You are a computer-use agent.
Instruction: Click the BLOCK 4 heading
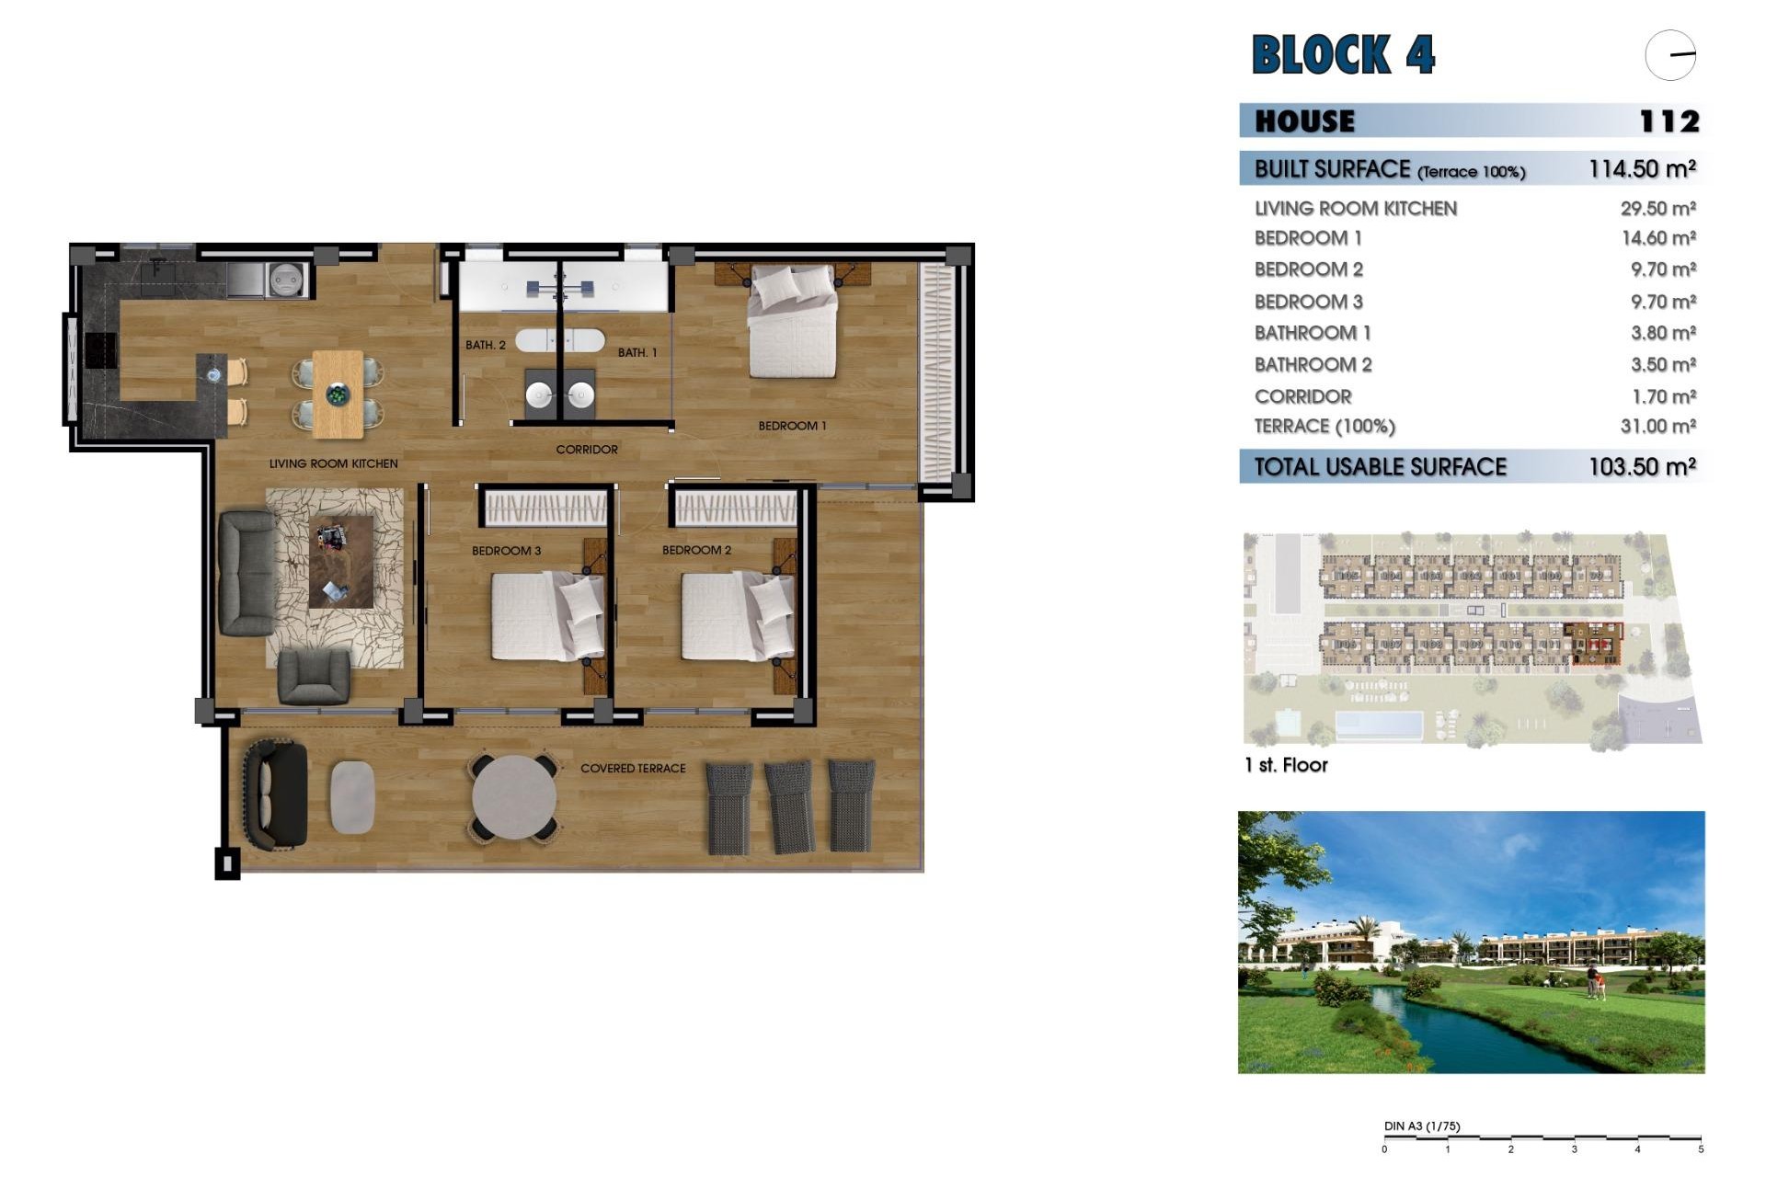coord(1342,54)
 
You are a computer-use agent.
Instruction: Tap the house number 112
coord(1669,121)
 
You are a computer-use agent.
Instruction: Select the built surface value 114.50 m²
coord(1642,169)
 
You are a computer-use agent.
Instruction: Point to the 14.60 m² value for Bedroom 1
coord(1657,238)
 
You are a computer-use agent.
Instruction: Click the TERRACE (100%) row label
coord(1324,427)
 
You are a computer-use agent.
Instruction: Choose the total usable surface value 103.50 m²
coord(1642,467)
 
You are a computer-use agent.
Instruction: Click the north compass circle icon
coord(1670,55)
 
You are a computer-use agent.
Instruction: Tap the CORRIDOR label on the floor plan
coord(587,450)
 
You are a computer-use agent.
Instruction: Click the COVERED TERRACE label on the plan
coord(633,769)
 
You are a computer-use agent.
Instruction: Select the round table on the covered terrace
coord(514,797)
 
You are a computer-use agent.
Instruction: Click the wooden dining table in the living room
coord(338,394)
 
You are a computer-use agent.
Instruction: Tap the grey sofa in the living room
coord(247,573)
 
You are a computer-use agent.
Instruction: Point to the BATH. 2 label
coord(485,346)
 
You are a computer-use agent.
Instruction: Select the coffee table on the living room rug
coord(341,561)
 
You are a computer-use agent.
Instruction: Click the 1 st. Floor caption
coord(1285,765)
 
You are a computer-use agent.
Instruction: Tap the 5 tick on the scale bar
coord(1701,1149)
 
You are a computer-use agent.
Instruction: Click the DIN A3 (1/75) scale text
coord(1421,1126)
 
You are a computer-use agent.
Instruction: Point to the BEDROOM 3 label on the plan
coord(506,551)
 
